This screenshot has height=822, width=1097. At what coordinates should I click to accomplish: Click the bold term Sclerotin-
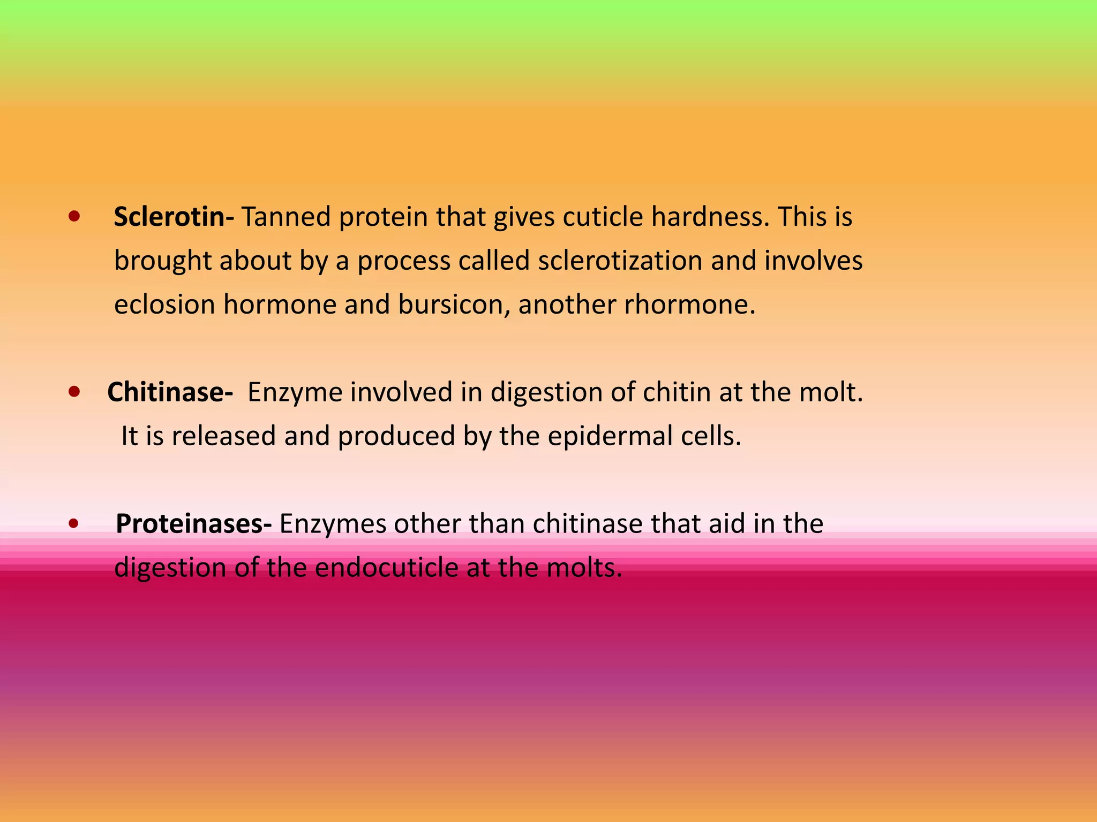[x=174, y=217]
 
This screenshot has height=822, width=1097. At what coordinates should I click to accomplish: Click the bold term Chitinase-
[x=170, y=392]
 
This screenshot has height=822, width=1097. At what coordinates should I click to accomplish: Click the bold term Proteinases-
[x=193, y=523]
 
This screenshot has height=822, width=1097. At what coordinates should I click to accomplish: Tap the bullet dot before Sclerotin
[x=74, y=217]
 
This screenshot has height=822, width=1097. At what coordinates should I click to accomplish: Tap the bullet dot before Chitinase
[x=74, y=392]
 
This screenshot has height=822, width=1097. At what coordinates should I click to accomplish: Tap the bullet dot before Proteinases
[x=74, y=524]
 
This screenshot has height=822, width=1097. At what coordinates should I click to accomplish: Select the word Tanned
[x=286, y=217]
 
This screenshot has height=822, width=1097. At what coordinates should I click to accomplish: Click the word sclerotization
[x=620, y=261]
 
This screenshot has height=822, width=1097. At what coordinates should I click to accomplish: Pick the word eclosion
[x=164, y=305]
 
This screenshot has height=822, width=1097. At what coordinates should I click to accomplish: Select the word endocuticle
[x=386, y=568]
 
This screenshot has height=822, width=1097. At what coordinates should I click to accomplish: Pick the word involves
[x=813, y=261]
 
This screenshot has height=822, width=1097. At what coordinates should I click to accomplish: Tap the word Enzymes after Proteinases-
[x=333, y=524]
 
